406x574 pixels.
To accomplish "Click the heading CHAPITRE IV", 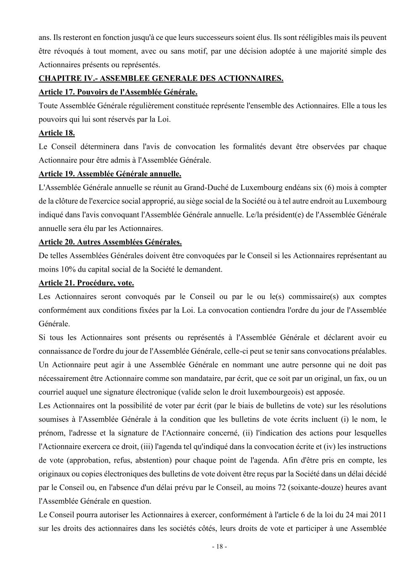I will tap(161, 78).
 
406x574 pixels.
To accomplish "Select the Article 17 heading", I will tap(118, 92).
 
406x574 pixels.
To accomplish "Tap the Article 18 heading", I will tap(57, 133).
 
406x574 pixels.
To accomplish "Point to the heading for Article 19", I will tap(110, 174).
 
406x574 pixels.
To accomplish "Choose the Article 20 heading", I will tap(110, 242).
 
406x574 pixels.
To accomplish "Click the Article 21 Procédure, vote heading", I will tap(86, 283).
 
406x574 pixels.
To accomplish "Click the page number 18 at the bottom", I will tap(219, 547).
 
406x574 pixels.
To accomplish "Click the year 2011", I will tap(378, 515).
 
